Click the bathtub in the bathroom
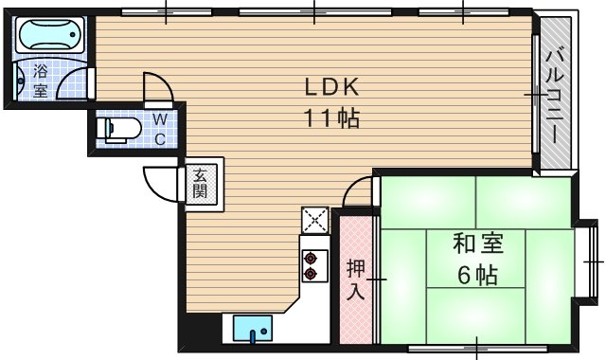pos(50,38)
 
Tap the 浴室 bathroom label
pos(41,81)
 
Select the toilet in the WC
pos(120,130)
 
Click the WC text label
pos(160,128)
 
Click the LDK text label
pos(330,87)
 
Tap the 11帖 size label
pos(330,120)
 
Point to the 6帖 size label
pos(475,276)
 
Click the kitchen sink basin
pos(253,331)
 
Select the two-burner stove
pos(311,263)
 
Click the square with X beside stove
pos(314,221)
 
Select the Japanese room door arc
pos(359,193)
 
